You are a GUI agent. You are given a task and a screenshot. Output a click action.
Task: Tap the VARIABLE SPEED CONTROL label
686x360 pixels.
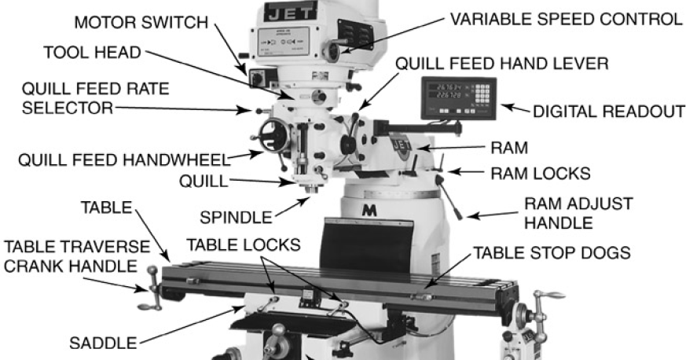565,18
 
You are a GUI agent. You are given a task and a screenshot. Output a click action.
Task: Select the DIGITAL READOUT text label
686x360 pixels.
607,112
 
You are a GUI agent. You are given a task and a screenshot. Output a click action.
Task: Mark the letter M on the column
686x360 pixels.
367,211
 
